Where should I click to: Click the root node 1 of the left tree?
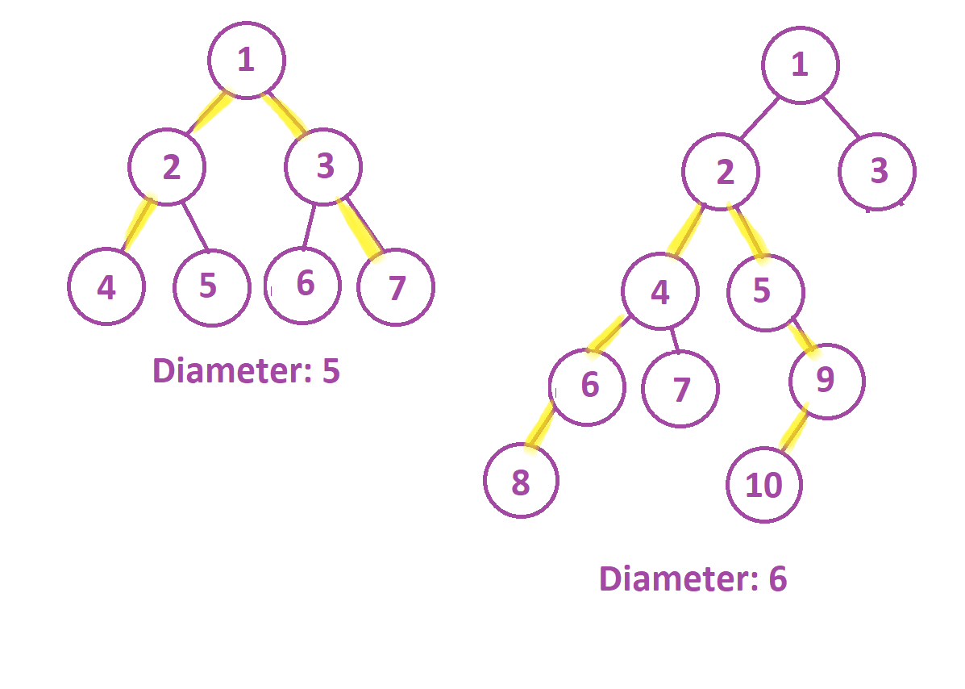(x=246, y=61)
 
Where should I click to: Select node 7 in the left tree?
(x=395, y=287)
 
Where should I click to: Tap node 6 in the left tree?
(x=303, y=284)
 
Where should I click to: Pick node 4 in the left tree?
(x=106, y=287)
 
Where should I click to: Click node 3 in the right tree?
(x=877, y=171)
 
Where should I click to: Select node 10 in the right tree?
(x=763, y=485)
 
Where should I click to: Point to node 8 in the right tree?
(x=521, y=482)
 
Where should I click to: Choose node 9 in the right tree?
(x=826, y=381)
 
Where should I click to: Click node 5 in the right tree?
(x=763, y=292)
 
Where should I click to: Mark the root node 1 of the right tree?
(x=800, y=65)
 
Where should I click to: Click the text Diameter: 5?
(x=246, y=372)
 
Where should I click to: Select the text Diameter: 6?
(x=693, y=579)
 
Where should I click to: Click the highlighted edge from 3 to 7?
(x=360, y=228)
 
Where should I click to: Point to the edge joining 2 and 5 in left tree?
(x=195, y=226)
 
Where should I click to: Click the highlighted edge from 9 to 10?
(x=794, y=432)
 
